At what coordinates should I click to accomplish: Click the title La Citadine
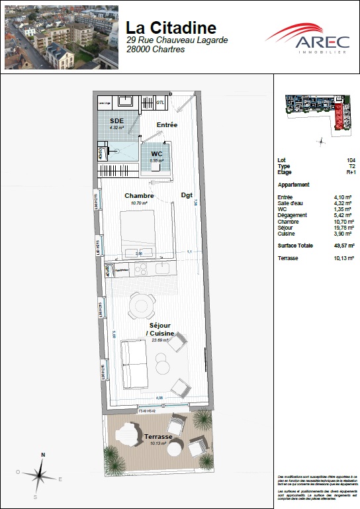171,27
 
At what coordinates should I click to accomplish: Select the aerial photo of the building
61,37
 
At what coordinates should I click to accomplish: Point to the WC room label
156,154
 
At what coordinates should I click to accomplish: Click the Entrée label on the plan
167,125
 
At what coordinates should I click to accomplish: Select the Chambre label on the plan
140,195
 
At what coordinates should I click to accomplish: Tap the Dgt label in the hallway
187,195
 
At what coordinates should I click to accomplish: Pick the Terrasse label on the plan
159,437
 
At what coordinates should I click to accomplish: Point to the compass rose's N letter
42,455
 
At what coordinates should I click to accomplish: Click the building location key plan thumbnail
316,112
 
